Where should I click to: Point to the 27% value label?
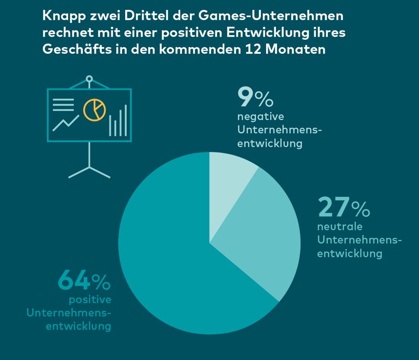coord(344,208)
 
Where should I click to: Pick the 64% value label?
coord(84,281)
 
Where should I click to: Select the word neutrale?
coord(340,227)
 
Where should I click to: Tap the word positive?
coord(90,300)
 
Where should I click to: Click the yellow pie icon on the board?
coord(94,109)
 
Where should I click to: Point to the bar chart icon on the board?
coord(118,121)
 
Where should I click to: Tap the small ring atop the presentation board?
coord(89,79)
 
